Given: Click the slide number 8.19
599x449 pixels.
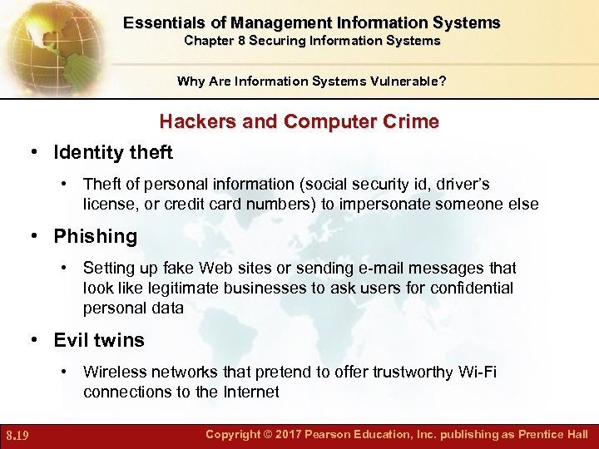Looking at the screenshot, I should pos(17,435).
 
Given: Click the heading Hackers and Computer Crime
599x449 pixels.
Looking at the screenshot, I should pos(299,121).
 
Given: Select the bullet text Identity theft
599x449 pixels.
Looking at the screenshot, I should pos(113,153).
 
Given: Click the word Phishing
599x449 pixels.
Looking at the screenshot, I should pos(95,236).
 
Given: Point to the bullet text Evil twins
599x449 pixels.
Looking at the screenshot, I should pos(99,340).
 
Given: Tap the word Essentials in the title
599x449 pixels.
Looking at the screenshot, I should pos(166,23).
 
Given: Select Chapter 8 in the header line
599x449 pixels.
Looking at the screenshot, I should pos(215,41).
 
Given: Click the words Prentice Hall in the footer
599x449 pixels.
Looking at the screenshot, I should pos(552,435).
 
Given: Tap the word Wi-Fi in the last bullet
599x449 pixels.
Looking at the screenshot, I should pos(478,373).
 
